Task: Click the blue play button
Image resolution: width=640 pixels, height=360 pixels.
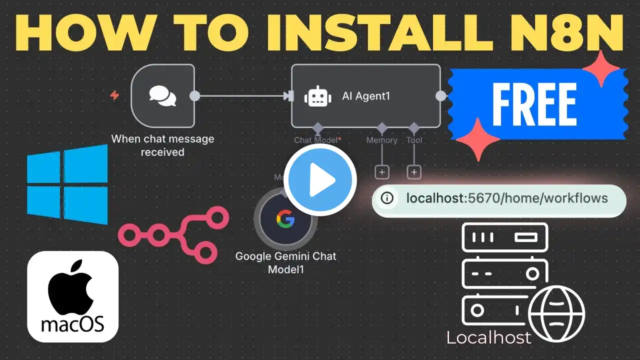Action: [320, 180]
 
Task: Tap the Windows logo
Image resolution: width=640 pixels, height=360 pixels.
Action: [67, 184]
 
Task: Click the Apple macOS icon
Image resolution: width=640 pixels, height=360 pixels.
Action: [73, 296]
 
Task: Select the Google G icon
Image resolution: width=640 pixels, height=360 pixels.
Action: [285, 218]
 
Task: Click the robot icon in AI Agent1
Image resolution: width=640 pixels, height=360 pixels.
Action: [317, 96]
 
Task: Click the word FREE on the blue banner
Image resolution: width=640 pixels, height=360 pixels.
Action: [534, 104]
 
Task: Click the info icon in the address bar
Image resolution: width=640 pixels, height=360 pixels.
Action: [387, 198]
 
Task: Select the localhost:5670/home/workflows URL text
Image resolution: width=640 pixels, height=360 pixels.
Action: [507, 198]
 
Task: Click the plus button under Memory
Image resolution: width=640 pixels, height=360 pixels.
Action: [382, 172]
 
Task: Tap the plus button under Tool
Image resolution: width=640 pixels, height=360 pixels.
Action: [414, 172]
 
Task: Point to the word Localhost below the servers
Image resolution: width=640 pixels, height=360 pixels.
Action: [488, 337]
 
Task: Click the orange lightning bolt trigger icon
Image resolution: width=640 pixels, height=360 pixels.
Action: [114, 95]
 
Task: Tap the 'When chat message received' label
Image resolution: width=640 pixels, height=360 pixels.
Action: [162, 145]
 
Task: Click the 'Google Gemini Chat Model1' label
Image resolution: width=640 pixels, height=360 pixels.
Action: [285, 263]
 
